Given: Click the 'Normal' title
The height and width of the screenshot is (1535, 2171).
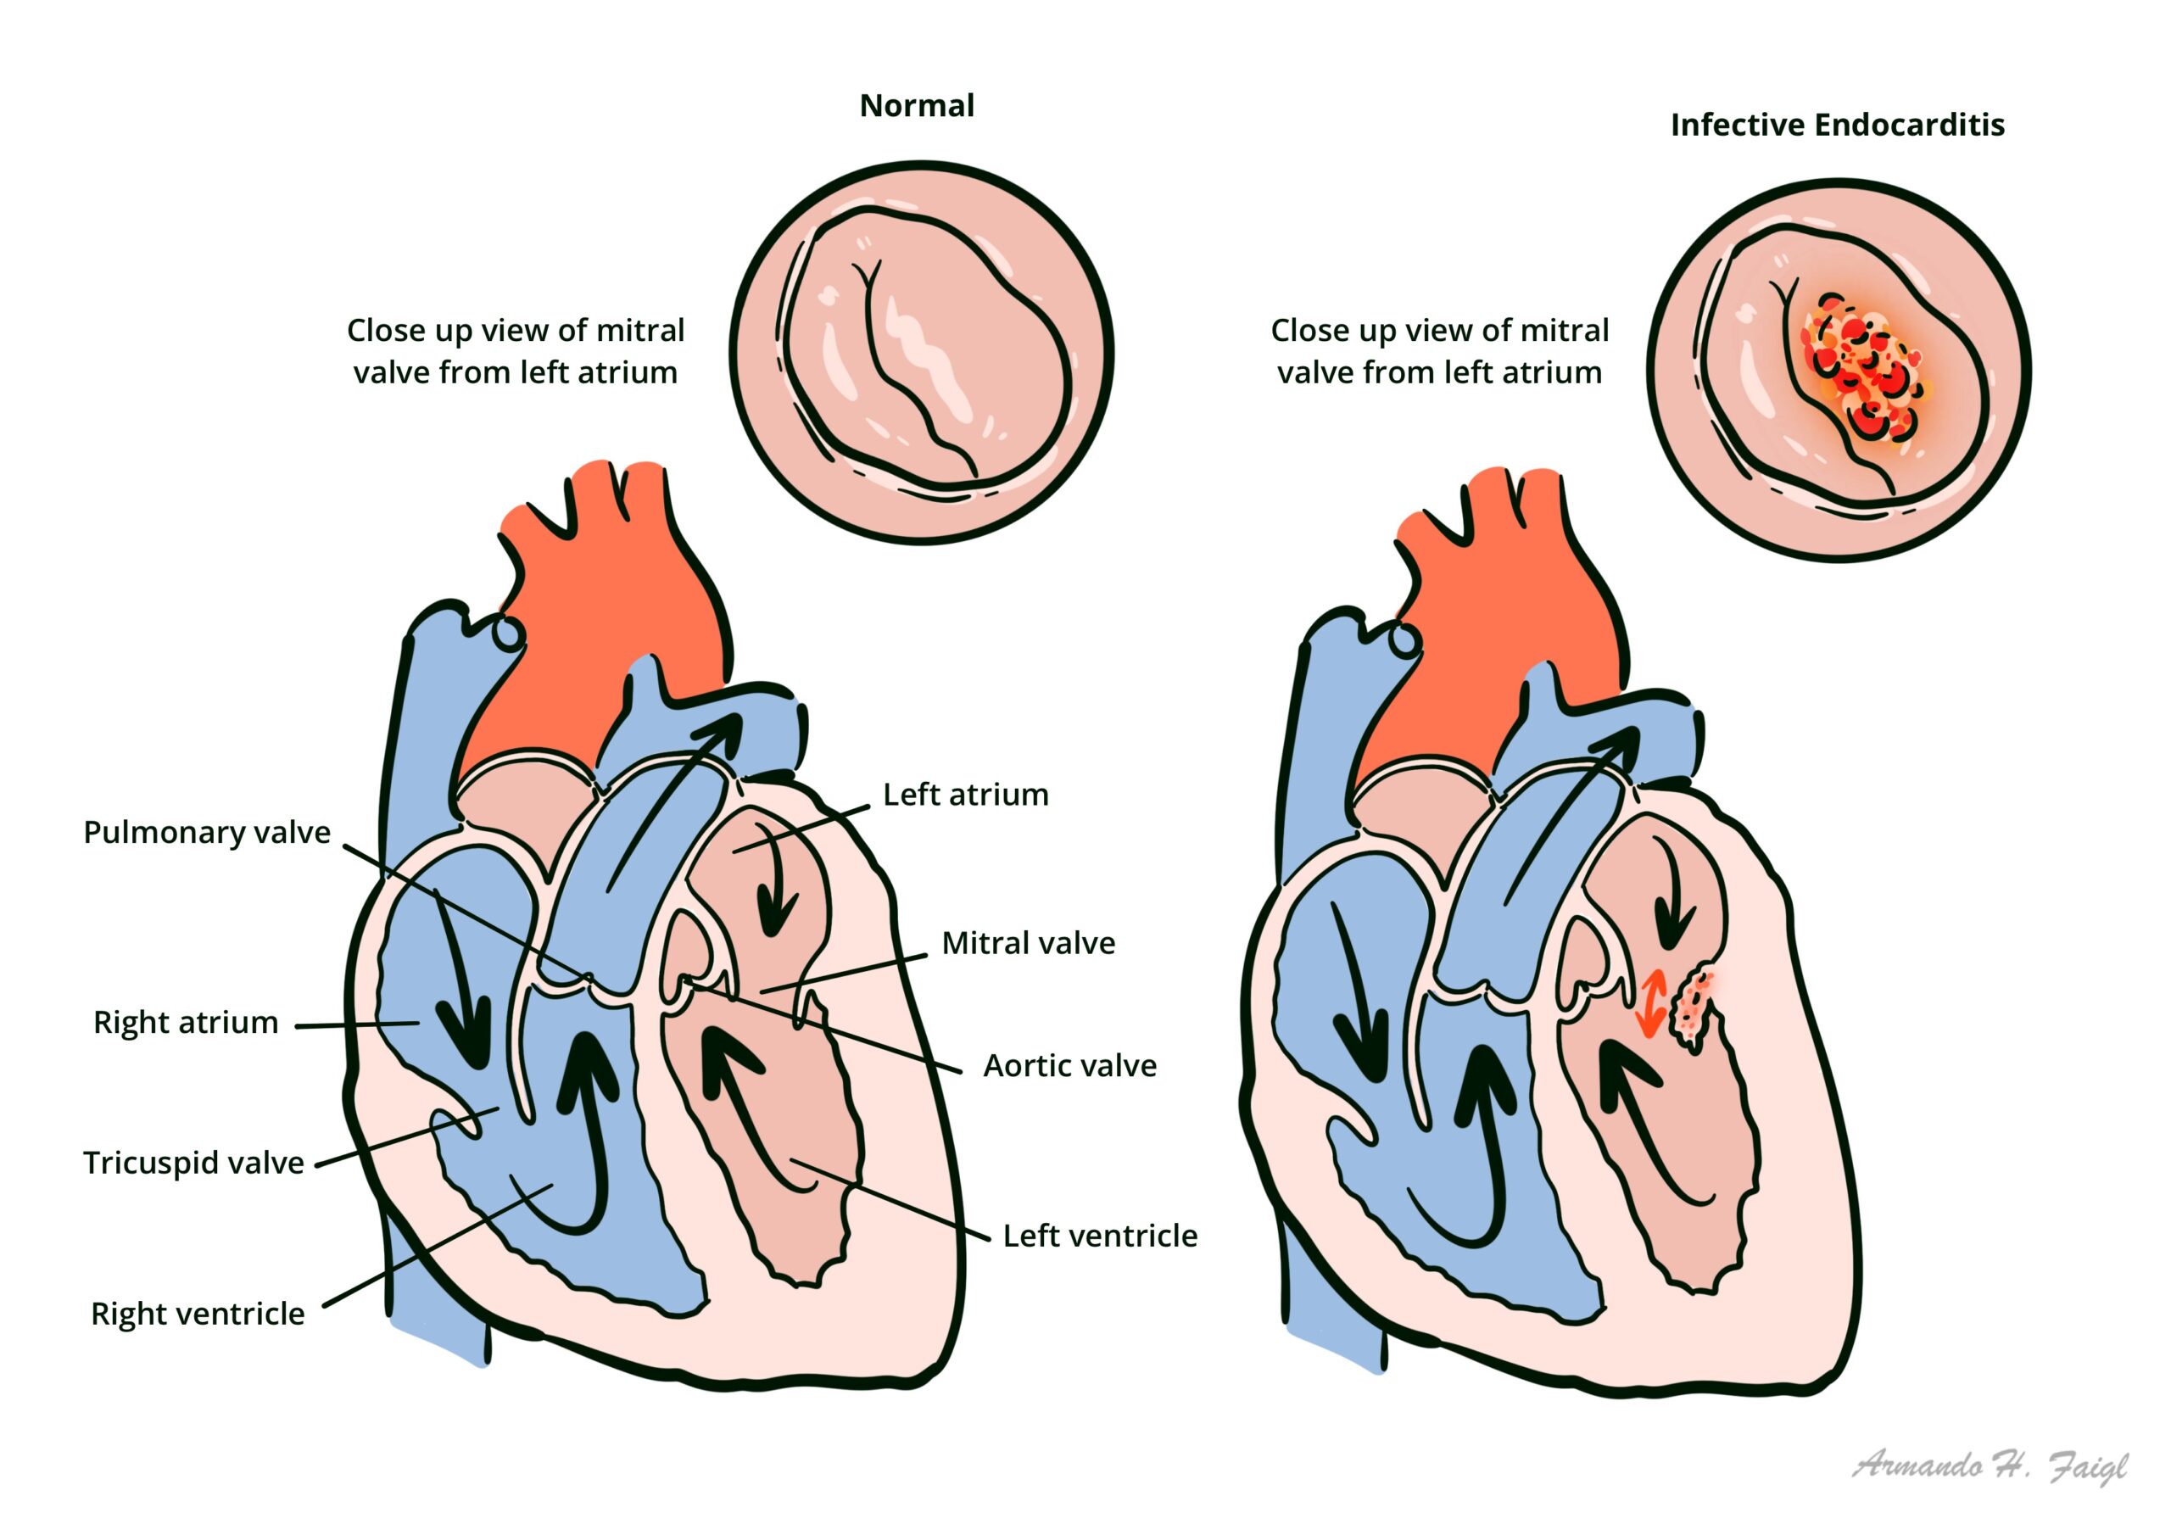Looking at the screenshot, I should pos(916,105).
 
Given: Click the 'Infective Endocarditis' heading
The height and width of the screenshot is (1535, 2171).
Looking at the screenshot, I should pos(1836,125).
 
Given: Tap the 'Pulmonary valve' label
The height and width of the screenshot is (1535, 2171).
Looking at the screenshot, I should pos(207,832).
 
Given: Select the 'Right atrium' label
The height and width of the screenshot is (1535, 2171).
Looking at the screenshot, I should pos(186,1023).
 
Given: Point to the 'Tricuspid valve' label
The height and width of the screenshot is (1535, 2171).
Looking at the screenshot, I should pos(194,1163).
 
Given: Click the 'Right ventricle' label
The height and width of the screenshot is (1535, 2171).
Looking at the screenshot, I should pos(198,1314).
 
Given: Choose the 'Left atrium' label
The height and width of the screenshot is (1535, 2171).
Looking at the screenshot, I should pos(965,795).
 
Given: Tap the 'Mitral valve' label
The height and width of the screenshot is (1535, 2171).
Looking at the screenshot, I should pos(1028,943).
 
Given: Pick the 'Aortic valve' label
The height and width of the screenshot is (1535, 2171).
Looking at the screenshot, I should pos(1069,1066).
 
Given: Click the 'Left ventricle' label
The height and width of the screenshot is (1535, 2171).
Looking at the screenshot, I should pos(1100,1235).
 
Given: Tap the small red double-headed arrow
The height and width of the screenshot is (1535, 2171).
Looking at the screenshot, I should pos(1651,1003).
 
